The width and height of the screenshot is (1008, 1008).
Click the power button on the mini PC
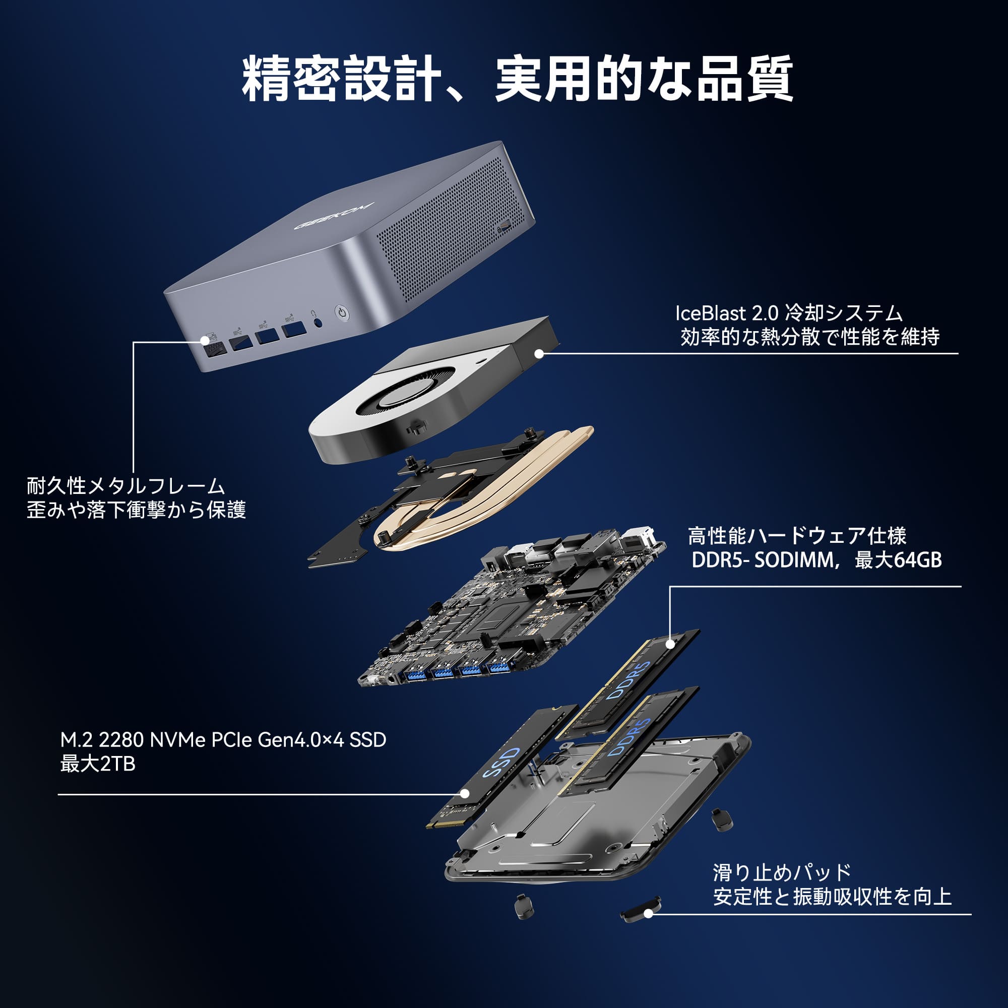pyautogui.click(x=341, y=313)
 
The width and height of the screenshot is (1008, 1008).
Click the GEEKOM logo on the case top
pyautogui.click(x=335, y=215)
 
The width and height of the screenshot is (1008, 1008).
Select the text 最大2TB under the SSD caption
pyautogui.click(x=98, y=764)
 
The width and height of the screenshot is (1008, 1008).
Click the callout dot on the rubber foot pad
pyautogui.click(x=649, y=914)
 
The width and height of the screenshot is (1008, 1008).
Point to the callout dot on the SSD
pyautogui.click(x=464, y=794)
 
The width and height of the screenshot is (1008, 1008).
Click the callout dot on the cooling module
pyautogui.click(x=539, y=353)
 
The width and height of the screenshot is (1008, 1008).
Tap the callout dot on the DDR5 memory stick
pyautogui.click(x=670, y=644)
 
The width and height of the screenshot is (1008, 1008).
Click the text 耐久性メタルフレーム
pyautogui.click(x=125, y=486)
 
